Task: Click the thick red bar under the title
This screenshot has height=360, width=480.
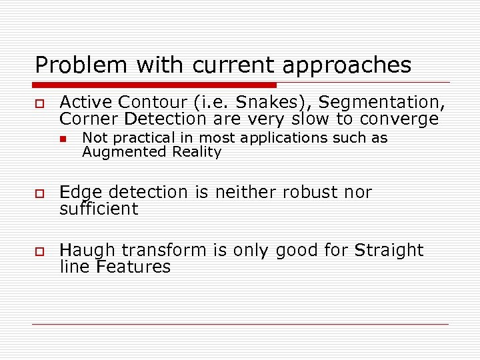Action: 155,85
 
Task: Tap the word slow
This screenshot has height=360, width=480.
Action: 309,119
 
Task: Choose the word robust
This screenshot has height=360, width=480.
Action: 310,192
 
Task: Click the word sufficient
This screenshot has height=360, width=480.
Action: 99,209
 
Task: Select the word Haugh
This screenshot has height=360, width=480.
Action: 87,251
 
